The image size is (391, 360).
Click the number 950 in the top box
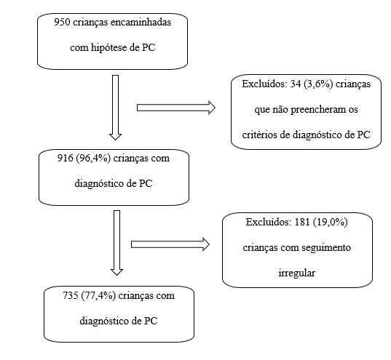[63, 22]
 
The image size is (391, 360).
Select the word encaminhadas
[141, 22]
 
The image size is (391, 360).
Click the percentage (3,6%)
[318, 84]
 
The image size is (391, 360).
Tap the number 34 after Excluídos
[296, 84]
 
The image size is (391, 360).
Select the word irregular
[297, 273]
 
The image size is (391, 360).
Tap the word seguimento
[326, 248]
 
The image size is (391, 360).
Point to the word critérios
[260, 135]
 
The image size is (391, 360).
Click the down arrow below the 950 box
[116, 108]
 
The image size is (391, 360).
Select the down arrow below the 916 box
[116, 243]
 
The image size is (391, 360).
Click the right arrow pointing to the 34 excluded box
[176, 108]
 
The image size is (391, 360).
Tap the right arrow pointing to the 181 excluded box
[170, 244]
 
